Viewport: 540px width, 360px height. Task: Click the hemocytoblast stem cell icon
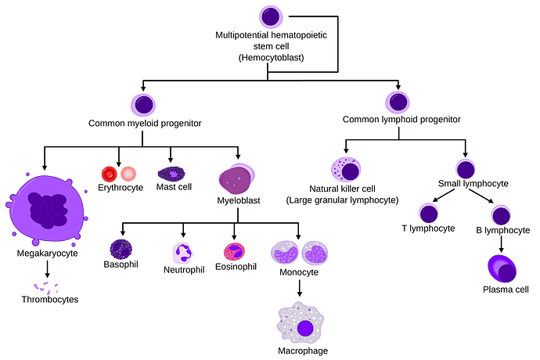coord(271,17)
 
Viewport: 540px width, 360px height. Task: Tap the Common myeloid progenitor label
coord(145,124)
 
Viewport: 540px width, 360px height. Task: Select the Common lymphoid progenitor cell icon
coord(398,103)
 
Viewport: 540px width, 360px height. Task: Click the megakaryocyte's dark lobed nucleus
coord(49,210)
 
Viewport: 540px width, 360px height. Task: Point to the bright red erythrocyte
coord(109,174)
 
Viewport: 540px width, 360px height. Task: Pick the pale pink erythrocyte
coord(128,174)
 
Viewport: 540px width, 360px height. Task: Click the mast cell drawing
coord(171,174)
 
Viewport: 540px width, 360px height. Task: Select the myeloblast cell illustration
coord(236,179)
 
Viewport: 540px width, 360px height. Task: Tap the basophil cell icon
coord(121,250)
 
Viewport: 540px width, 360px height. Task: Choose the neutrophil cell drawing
coord(182,254)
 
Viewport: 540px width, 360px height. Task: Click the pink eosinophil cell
coord(234,252)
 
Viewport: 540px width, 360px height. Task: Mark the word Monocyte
coord(299,272)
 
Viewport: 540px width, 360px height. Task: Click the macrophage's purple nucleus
coord(304,329)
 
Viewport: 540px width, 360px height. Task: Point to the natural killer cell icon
coord(346,170)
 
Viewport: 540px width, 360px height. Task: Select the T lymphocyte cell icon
coord(428,213)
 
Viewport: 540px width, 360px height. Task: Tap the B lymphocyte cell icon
coord(501,215)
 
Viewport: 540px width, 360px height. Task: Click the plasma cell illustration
coord(502,269)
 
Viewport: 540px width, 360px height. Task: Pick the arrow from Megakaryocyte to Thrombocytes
coord(47,269)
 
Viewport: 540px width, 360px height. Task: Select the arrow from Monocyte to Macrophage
coord(300,288)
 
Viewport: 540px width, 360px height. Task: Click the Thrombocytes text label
coord(50,300)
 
